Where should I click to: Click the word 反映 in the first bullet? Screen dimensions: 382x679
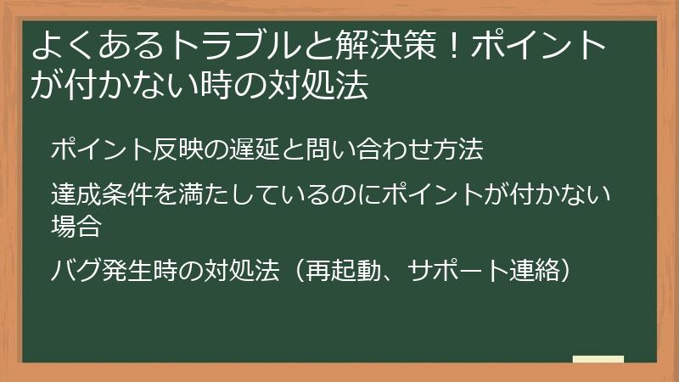183,151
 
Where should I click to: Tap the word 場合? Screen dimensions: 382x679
76,226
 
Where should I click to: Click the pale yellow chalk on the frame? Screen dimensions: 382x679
598,359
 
